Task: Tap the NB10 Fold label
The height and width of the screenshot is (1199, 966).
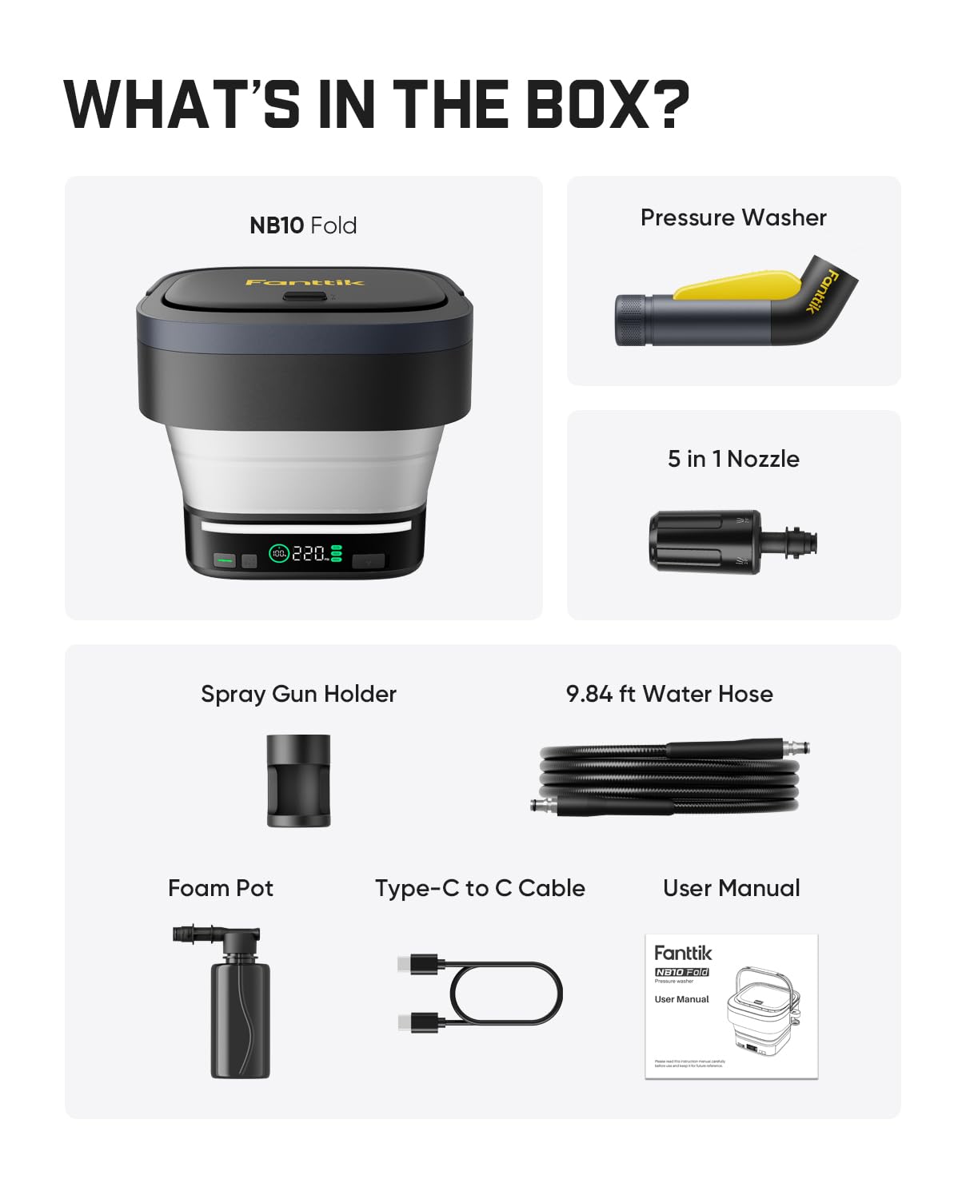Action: (x=303, y=225)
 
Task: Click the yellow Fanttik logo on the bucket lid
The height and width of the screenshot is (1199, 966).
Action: (x=304, y=282)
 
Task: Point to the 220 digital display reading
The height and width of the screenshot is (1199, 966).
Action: (x=309, y=553)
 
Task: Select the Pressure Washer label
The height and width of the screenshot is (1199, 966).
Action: (x=733, y=217)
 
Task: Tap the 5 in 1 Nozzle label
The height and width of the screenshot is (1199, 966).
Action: (x=733, y=459)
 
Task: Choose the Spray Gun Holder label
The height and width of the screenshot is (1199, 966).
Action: (x=298, y=694)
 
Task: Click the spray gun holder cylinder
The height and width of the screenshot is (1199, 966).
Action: (x=298, y=780)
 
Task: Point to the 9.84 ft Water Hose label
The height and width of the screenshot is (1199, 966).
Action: (x=669, y=694)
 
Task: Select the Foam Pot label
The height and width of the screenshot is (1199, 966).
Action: (x=221, y=888)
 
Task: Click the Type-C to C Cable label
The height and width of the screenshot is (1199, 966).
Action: (x=480, y=888)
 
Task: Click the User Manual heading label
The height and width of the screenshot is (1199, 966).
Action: (x=731, y=888)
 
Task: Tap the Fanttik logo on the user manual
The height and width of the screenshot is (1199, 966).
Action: (x=682, y=953)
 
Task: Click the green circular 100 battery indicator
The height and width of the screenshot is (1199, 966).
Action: (x=278, y=553)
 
